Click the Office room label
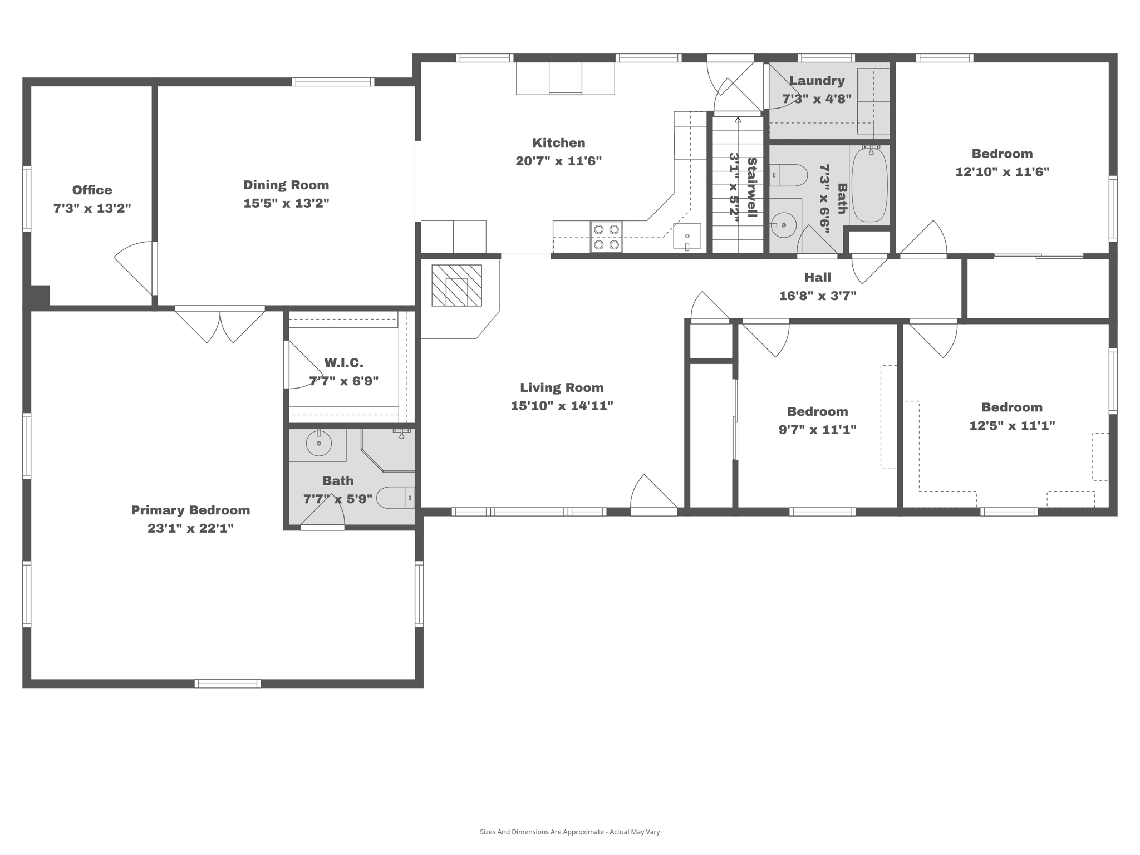92,190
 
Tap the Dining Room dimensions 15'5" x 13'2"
286,203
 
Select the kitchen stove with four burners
606,237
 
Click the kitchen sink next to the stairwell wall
686,236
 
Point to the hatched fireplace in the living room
456,286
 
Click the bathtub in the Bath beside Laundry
869,185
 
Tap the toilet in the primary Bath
395,498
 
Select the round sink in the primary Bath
318,444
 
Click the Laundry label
817,81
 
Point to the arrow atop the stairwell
738,119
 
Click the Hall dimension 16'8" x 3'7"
817,296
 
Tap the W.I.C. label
343,363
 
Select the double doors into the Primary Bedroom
220,326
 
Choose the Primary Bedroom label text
190,510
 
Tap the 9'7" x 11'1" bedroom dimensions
817,430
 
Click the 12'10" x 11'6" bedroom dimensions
1002,172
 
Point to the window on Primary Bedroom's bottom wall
228,684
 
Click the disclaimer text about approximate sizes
569,832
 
